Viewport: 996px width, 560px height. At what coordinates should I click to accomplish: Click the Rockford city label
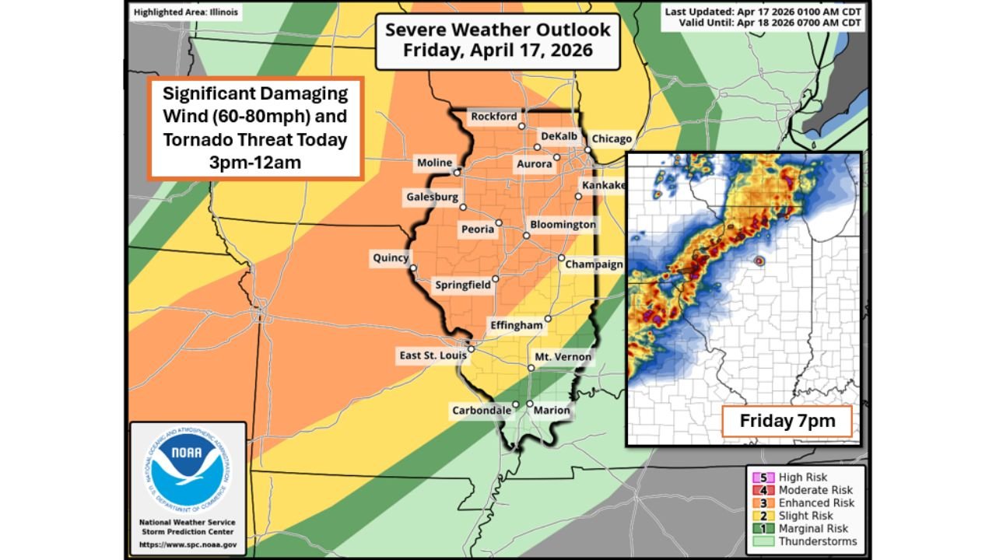coord(494,117)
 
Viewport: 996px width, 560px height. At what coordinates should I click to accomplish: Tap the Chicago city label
coord(612,138)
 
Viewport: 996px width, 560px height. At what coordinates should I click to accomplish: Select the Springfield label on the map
coord(462,285)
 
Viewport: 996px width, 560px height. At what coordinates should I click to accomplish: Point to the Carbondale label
coord(482,410)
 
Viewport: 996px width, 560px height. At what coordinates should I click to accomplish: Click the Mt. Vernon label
coord(563,357)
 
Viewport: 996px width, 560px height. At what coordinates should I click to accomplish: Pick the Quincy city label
coord(391,258)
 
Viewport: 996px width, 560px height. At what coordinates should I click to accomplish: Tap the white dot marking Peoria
coord(499,223)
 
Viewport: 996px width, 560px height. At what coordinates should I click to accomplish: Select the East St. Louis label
coord(433,355)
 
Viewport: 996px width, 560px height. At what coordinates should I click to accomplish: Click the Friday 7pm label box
coord(787,422)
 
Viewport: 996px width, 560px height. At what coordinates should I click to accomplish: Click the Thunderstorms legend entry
coord(818,541)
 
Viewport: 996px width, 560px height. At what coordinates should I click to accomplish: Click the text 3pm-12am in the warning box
coord(255,163)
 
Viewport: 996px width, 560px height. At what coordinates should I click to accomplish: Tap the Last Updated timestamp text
coord(763,12)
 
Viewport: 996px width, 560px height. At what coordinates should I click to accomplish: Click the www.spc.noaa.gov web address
coord(188,544)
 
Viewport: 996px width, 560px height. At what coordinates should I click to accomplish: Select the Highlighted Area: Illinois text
coord(186,12)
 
